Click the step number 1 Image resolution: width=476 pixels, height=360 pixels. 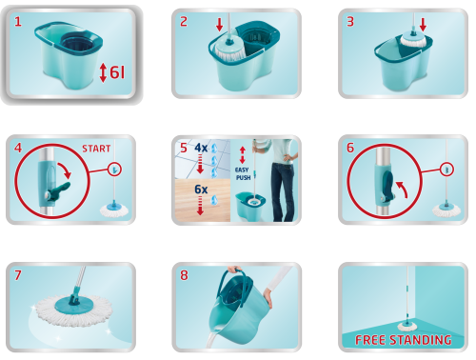(18, 22)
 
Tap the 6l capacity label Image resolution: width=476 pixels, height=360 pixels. (117, 72)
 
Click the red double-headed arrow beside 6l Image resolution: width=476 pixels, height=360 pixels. (103, 72)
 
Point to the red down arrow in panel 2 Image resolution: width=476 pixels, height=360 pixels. (219, 25)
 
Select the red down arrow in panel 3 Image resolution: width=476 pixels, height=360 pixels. (423, 25)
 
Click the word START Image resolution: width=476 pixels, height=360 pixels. (96, 149)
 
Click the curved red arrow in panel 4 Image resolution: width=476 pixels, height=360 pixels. (65, 170)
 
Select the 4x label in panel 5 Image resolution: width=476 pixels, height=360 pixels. (201, 148)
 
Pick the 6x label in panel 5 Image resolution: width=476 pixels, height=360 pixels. (201, 190)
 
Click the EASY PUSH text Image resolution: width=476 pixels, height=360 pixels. (243, 173)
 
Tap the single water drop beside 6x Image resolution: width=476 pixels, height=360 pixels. (215, 200)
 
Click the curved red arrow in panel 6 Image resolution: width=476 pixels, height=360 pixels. (402, 190)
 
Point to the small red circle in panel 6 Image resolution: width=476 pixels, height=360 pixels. (447, 170)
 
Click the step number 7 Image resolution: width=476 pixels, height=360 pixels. (18, 275)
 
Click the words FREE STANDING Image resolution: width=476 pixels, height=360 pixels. (404, 340)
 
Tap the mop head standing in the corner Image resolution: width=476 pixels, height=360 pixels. (407, 326)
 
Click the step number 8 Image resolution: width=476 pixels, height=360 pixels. (184, 275)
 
